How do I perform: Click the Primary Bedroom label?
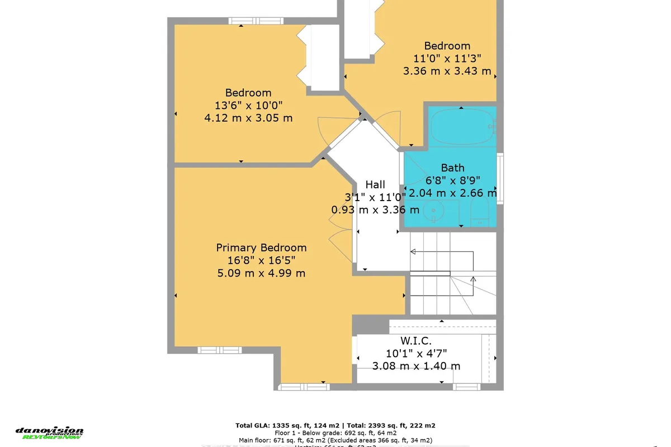click(x=261, y=248)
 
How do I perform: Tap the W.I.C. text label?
click(x=416, y=340)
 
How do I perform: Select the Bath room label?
click(x=452, y=167)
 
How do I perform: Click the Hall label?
click(x=375, y=184)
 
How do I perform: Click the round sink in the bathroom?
click(x=433, y=212)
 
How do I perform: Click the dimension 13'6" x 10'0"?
click(x=248, y=106)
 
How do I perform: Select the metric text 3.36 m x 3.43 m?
click(x=447, y=71)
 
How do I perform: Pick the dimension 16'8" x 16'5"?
click(x=261, y=260)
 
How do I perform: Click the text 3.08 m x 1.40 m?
click(x=416, y=366)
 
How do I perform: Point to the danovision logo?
click(x=49, y=432)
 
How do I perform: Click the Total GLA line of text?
click(x=335, y=425)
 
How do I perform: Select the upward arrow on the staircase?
click(x=473, y=278)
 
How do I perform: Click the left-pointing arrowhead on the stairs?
click(x=413, y=252)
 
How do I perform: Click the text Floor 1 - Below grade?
click(x=335, y=432)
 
